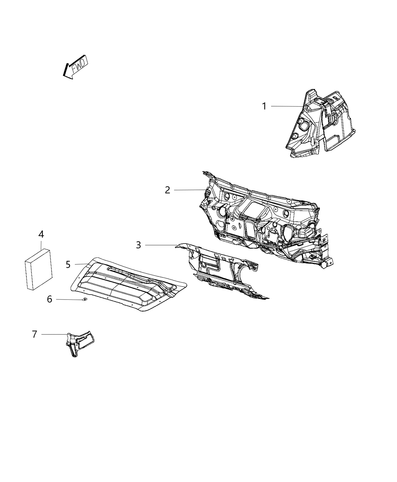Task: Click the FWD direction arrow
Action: coord(76,67)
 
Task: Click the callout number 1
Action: coord(265,106)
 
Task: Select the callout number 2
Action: coord(167,190)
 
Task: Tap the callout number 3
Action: coord(138,245)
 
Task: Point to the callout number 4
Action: coord(41,234)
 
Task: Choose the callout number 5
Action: coord(68,264)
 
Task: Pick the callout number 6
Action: coord(50,299)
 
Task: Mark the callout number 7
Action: coord(34,334)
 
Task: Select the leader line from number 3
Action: coord(161,245)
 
